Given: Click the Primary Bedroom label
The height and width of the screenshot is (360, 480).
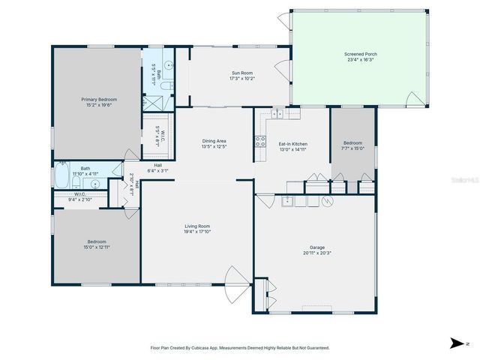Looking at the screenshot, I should click(x=99, y=99).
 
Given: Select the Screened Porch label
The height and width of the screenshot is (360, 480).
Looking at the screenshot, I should click(x=360, y=55).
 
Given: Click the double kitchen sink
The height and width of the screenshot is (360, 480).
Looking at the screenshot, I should click(x=277, y=114).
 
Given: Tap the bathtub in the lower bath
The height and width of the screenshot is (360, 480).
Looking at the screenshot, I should click(x=61, y=178).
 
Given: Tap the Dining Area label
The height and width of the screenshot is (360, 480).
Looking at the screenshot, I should click(x=214, y=141).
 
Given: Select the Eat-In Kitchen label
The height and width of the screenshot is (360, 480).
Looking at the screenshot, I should click(x=293, y=144).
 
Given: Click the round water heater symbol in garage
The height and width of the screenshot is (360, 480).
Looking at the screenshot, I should click(x=325, y=201).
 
